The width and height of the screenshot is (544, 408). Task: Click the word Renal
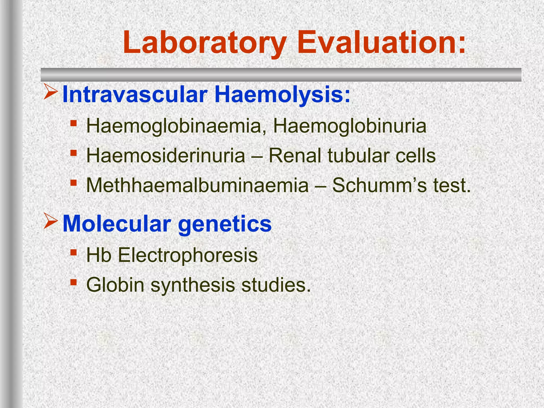pos(295,156)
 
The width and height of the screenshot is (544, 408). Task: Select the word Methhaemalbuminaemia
pos(197,185)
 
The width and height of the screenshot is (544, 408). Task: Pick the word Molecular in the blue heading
pos(117,224)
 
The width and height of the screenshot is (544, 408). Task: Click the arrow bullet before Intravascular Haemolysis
pos(50,92)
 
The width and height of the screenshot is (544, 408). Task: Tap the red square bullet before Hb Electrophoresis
pos(74,252)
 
